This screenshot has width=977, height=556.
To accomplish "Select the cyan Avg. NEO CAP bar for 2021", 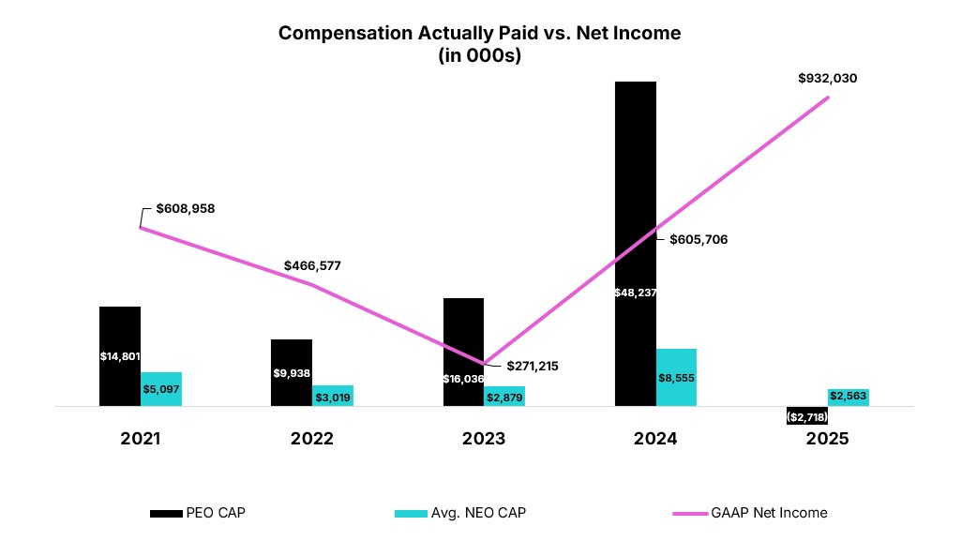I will pyautogui.click(x=161, y=389).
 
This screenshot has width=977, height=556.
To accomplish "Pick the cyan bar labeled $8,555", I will pyautogui.click(x=676, y=378).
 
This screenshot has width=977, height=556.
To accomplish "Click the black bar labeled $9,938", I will pyautogui.click(x=291, y=372).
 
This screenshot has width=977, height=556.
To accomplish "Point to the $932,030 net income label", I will pyautogui.click(x=827, y=79).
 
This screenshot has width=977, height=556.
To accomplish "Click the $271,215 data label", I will pyautogui.click(x=532, y=367).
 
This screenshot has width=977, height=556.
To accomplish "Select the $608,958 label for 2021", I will pyautogui.click(x=185, y=208).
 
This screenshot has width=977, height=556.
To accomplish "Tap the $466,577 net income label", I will pyautogui.click(x=312, y=265).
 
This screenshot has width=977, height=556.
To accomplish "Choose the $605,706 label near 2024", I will pyautogui.click(x=699, y=239).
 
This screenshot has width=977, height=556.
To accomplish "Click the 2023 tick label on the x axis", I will pyautogui.click(x=483, y=439).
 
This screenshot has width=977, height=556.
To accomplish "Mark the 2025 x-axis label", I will pyautogui.click(x=826, y=439).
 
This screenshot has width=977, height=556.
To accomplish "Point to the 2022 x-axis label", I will pyautogui.click(x=311, y=439).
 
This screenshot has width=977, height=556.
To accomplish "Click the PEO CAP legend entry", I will pyautogui.click(x=198, y=513).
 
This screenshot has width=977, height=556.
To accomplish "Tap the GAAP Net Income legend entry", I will pyautogui.click(x=750, y=513).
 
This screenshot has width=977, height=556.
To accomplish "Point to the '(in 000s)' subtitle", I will pyautogui.click(x=479, y=55).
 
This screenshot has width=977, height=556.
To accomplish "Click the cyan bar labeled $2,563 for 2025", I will pyautogui.click(x=848, y=397).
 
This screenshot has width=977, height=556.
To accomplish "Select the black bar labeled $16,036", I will pyautogui.click(x=463, y=352).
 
